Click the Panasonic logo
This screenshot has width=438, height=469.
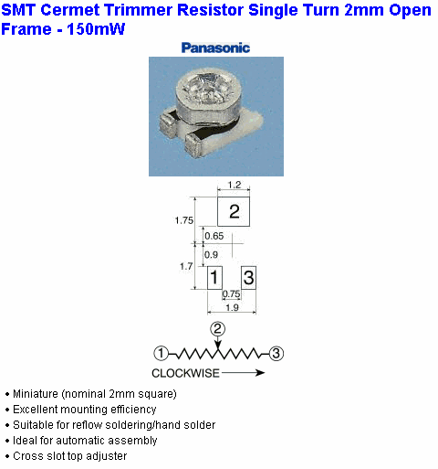(215, 48)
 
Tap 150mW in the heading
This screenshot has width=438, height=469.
(96, 29)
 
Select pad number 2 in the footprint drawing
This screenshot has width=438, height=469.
(234, 211)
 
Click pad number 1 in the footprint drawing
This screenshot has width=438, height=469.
(214, 278)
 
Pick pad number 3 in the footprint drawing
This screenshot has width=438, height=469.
(248, 278)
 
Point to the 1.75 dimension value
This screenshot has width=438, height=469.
(184, 220)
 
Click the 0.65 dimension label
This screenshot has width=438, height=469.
(214, 236)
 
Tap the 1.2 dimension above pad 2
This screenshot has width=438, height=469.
(235, 185)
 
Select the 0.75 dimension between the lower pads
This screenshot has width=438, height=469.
(231, 294)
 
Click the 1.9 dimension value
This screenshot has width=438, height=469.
(232, 307)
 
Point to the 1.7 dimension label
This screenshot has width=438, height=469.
(186, 266)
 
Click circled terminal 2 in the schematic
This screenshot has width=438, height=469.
(217, 329)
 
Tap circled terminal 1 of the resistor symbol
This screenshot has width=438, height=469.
(161, 354)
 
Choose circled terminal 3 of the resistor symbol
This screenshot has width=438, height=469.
(276, 354)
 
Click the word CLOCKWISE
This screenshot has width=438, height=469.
(185, 373)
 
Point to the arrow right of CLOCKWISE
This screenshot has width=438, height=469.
(243, 373)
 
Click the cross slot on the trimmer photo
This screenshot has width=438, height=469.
(207, 89)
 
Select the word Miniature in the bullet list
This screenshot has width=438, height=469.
(36, 394)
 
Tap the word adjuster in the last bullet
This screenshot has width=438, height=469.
(106, 456)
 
